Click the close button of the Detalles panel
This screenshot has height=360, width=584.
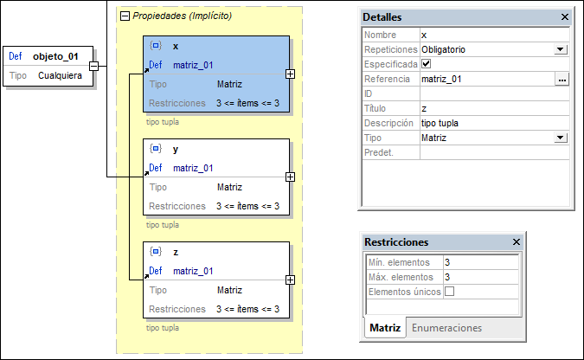565,17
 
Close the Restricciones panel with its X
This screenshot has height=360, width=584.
516,242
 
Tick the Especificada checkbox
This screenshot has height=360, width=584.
426,64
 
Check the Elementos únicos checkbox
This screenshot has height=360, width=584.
449,292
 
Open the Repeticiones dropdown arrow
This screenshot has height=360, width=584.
561,50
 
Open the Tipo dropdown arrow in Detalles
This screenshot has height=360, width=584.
561,138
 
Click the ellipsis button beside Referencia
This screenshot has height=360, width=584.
562,80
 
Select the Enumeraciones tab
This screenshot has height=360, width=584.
446,328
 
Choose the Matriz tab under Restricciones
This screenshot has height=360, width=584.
385,328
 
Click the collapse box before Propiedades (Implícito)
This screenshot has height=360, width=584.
125,16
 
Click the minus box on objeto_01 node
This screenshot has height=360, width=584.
93,65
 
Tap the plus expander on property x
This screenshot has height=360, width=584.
290,74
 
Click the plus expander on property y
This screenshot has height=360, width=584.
290,177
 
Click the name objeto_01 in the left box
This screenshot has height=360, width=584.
55,57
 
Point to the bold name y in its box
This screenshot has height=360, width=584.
176,149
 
